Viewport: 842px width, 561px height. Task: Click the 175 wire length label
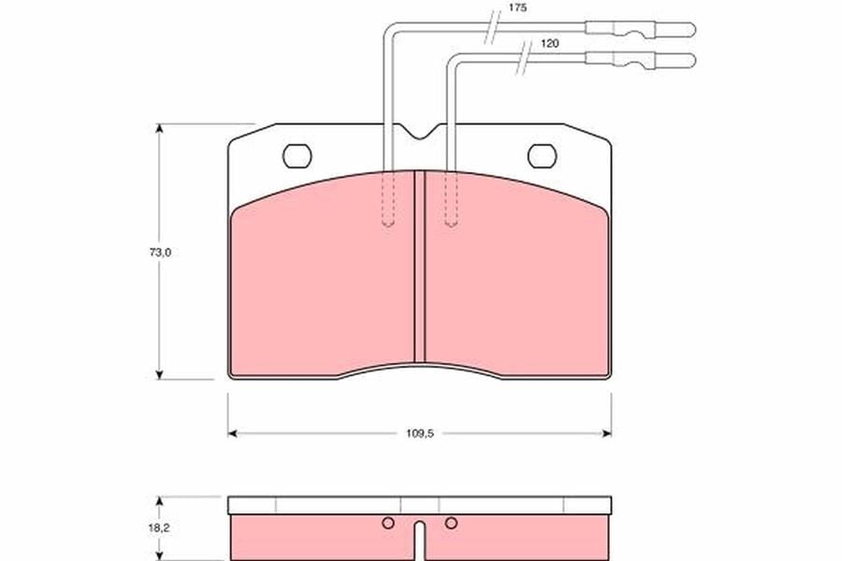(517, 8)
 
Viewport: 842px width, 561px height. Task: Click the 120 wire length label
(549, 44)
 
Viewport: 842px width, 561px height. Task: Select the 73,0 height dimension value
(160, 252)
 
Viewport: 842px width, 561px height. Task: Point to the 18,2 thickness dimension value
(159, 528)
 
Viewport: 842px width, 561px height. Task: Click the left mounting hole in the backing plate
(297, 156)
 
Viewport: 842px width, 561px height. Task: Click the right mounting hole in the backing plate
(542, 156)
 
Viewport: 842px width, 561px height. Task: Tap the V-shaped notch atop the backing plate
(420, 133)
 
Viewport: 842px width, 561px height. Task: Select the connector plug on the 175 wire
(640, 29)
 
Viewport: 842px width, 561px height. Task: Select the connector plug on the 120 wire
(640, 60)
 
